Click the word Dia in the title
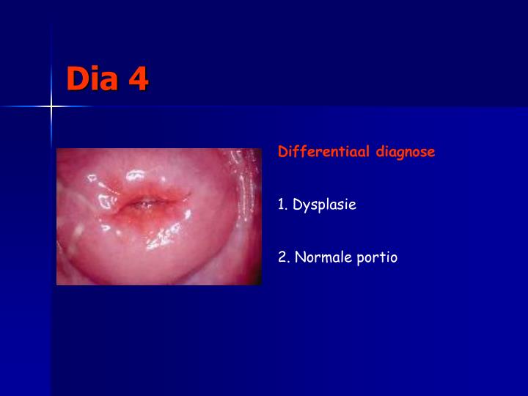click(x=93, y=78)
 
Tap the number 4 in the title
click(x=138, y=78)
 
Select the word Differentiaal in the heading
click(x=324, y=152)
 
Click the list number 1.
click(x=281, y=205)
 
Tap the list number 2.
click(x=282, y=257)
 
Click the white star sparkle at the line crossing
click(x=51, y=107)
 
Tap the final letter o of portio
click(x=394, y=258)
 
